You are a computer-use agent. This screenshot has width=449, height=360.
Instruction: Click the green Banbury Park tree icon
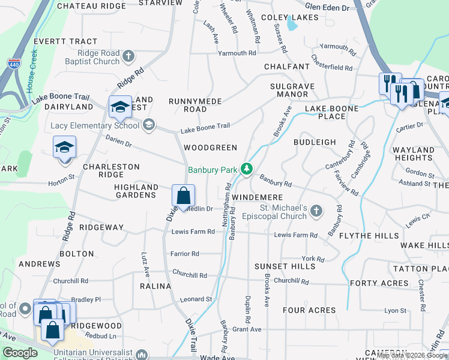click(x=246, y=170)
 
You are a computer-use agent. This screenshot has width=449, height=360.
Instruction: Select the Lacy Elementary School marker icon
click(x=149, y=125)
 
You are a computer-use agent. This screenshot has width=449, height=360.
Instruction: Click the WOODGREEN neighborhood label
click(x=210, y=148)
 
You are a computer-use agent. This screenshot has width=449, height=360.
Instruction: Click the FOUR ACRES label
click(x=309, y=310)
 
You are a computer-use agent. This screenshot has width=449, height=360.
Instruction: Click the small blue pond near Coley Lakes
click(x=292, y=24)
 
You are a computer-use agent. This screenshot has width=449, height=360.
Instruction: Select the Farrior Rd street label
click(x=185, y=254)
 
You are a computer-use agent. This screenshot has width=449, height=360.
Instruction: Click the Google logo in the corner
click(x=20, y=353)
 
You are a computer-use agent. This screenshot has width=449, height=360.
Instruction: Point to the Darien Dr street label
click(x=116, y=145)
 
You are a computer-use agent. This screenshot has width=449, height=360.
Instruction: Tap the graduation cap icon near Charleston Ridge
click(x=64, y=147)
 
